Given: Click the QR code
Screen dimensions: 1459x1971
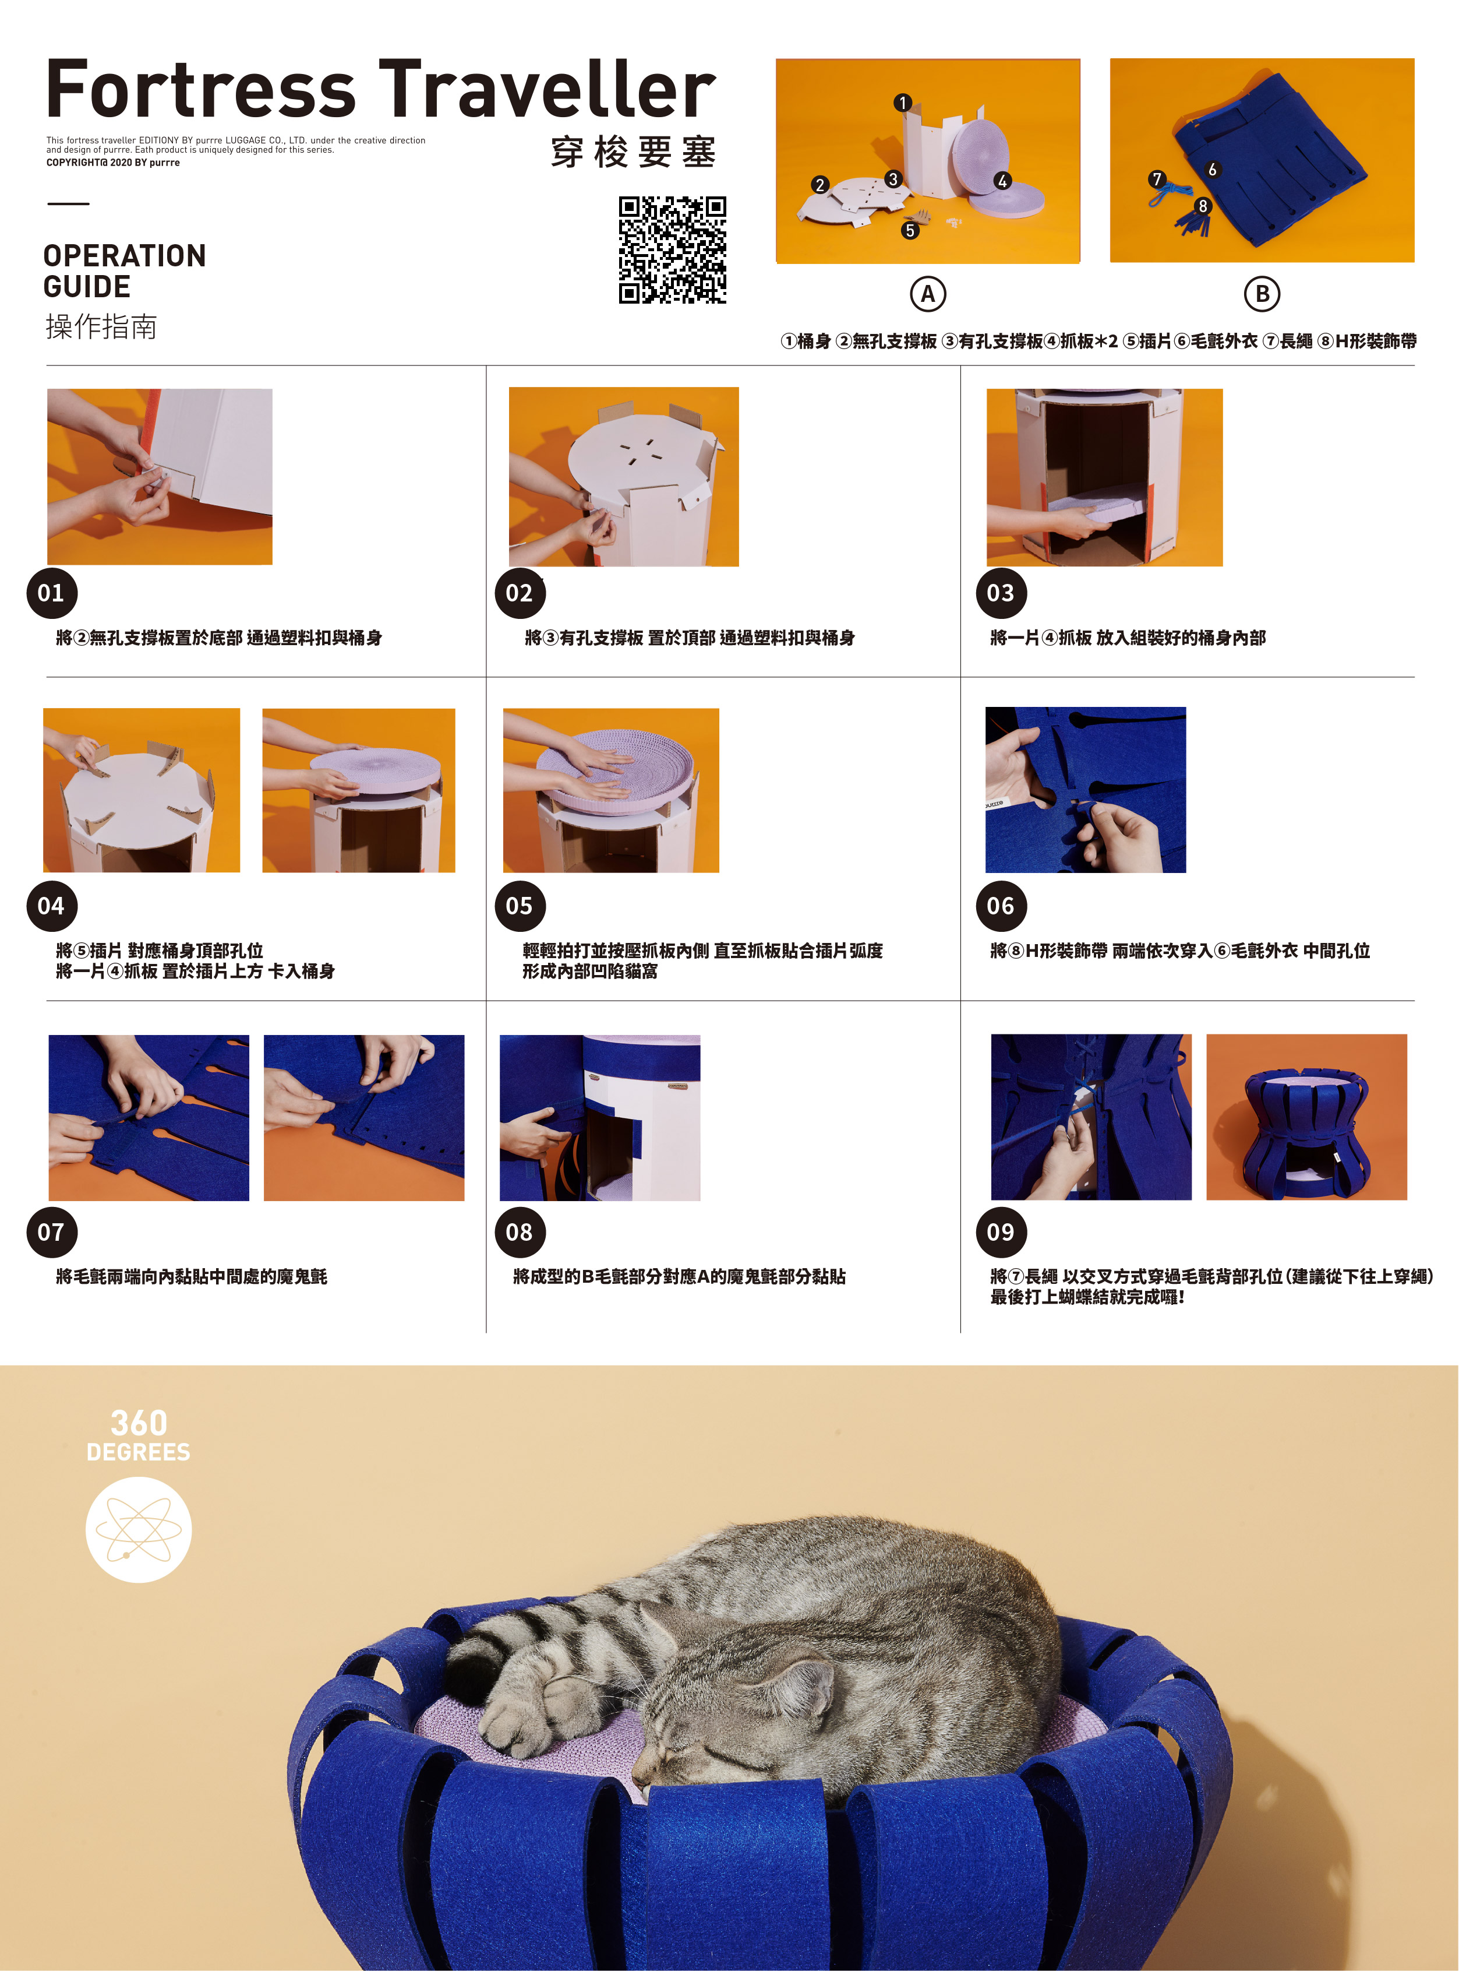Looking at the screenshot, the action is click(672, 250).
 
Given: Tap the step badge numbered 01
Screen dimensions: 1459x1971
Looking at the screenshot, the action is click(51, 593).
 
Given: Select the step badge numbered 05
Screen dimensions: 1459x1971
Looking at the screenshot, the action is click(520, 906).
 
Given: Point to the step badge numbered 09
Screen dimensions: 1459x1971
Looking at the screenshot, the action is click(1001, 1231).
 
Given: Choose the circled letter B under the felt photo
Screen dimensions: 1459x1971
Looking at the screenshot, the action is click(1262, 294).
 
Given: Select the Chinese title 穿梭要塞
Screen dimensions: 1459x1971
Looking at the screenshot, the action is click(633, 153).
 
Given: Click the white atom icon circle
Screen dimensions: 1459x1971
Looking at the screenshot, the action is click(139, 1529).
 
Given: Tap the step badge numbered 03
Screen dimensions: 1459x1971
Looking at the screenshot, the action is click(1001, 593).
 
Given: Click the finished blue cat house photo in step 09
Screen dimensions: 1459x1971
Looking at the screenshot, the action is click(1306, 1117).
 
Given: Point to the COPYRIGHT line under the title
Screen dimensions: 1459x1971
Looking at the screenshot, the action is click(113, 163).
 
